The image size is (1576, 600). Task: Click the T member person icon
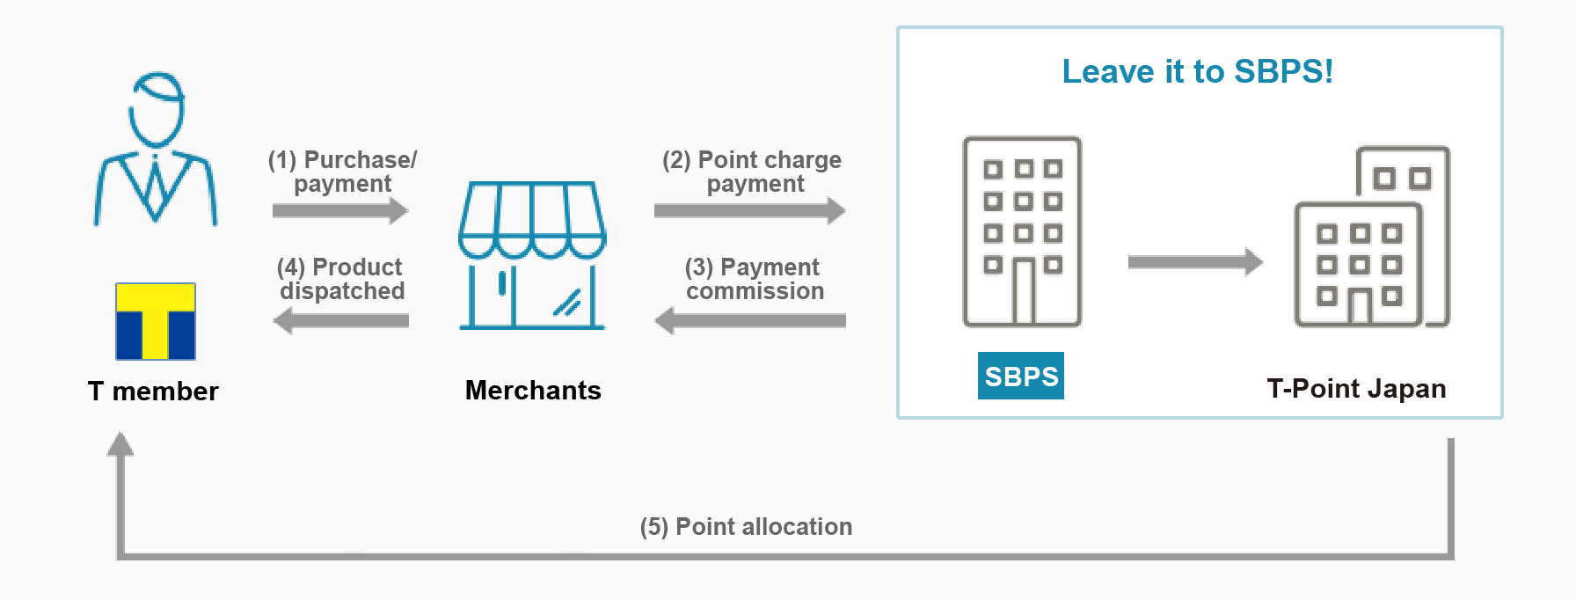156,149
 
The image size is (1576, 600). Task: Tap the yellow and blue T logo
156,321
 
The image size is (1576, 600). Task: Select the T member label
153,391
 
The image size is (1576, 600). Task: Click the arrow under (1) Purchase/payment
340,210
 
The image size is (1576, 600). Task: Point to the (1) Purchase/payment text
343,172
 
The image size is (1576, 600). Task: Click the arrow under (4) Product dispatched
340,321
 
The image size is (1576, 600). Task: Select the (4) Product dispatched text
342,279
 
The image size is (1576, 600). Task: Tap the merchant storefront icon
532,255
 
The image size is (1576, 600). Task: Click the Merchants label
533,390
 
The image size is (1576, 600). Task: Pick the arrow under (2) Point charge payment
750,210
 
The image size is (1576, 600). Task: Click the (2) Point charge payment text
752,172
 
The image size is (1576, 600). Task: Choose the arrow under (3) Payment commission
750,321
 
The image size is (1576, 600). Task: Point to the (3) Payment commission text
755,279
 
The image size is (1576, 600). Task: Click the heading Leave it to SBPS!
1198,71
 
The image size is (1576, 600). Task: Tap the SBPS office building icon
1022,232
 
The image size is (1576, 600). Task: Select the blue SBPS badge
1021,376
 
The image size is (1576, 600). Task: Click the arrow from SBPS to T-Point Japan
1195,262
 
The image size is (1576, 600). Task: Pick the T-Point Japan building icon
1372,237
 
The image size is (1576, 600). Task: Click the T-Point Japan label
1356,388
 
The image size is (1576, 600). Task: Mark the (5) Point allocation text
746,526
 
